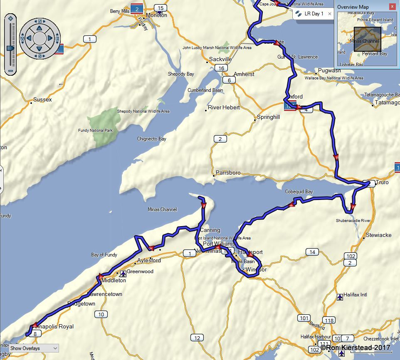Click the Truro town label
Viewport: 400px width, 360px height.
click(382, 182)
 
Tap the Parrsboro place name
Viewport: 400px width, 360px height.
click(228, 173)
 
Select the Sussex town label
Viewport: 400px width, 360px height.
click(42, 100)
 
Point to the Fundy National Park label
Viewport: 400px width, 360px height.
click(96, 131)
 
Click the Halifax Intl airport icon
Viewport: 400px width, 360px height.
click(340, 297)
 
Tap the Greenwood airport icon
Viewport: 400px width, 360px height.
click(123, 274)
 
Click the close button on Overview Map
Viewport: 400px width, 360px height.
click(392, 7)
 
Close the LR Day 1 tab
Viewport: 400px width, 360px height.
click(330, 14)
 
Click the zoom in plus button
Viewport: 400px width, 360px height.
click(10, 19)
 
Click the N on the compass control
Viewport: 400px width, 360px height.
click(40, 22)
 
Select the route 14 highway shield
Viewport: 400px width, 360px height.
click(312, 252)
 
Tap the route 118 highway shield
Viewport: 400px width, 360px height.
click(329, 320)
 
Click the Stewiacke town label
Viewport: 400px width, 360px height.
click(378, 235)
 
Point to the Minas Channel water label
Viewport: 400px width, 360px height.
click(162, 210)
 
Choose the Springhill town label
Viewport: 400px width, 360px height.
click(268, 117)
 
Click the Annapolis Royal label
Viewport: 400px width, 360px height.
click(55, 326)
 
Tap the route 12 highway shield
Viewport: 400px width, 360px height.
click(197, 338)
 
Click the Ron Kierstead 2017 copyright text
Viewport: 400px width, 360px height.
click(356, 348)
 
